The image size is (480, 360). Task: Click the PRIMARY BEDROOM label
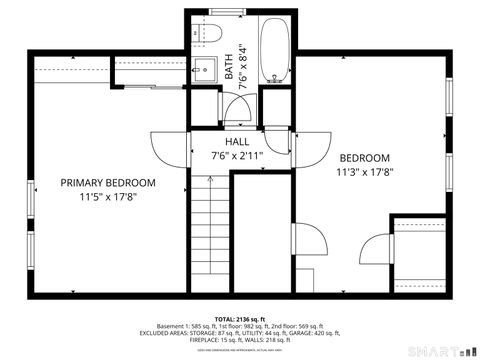click(x=108, y=183)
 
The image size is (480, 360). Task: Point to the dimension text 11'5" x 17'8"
click(x=108, y=198)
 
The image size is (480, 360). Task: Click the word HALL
click(x=237, y=142)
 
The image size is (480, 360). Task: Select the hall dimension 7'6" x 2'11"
click(x=237, y=156)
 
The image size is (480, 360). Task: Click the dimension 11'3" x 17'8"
click(x=364, y=173)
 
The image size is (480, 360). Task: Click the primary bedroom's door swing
click(x=165, y=148)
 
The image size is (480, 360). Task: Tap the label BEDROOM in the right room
click(x=364, y=158)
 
